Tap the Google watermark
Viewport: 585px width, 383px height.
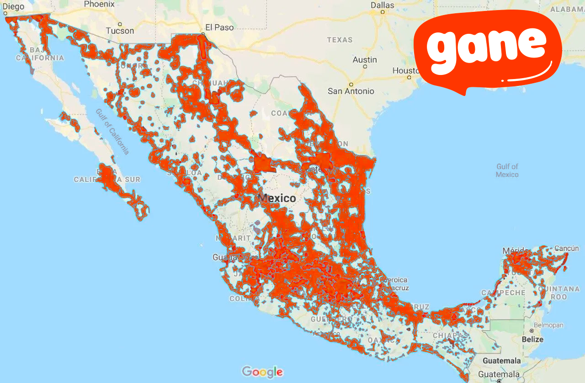click(x=262, y=372)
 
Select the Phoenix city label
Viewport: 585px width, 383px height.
click(x=99, y=4)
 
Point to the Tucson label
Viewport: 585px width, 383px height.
click(x=120, y=31)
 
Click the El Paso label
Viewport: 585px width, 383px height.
click(x=219, y=27)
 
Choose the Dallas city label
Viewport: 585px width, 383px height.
click(x=382, y=5)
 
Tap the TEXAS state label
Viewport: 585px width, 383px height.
click(x=340, y=40)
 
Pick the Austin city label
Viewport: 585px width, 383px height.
click(x=365, y=60)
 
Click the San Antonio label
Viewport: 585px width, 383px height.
click(x=351, y=91)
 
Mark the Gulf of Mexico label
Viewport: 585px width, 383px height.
click(x=507, y=170)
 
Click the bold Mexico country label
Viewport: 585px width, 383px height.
click(x=277, y=198)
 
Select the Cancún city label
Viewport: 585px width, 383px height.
click(x=566, y=249)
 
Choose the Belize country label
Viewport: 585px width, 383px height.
click(x=532, y=340)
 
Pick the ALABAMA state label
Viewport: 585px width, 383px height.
click(x=567, y=9)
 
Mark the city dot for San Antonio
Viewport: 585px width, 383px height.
click(x=351, y=84)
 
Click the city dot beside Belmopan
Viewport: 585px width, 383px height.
click(x=531, y=330)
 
